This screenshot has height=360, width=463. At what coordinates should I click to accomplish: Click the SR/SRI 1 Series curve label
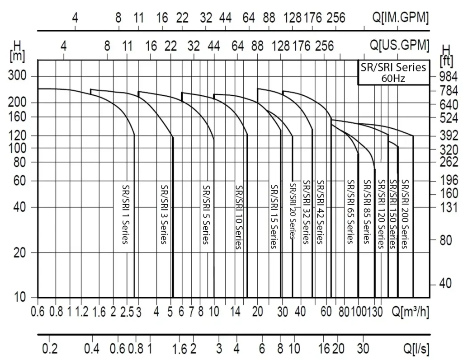tap(126, 213)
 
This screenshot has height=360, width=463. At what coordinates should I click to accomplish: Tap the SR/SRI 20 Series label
tap(293, 210)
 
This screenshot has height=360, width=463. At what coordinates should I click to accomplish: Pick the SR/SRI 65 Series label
tap(350, 211)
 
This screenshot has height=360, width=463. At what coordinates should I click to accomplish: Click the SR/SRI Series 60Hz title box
tap(393, 72)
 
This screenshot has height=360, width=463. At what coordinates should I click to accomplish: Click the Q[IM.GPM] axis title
tap(401, 18)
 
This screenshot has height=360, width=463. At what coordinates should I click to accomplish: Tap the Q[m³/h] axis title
tap(411, 312)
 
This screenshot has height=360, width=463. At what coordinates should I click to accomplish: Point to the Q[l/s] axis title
tap(416, 349)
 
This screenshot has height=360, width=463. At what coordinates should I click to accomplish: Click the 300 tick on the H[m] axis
tap(18, 75)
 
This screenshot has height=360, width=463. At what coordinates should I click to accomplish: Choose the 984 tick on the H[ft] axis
tap(448, 76)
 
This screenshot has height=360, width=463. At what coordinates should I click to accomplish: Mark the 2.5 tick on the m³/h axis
tap(128, 312)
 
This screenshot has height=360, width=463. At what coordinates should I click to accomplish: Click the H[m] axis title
tap(18, 51)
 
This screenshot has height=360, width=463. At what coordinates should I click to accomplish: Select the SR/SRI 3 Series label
tap(164, 213)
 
